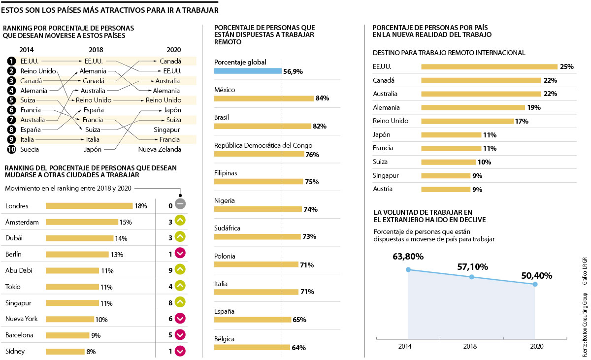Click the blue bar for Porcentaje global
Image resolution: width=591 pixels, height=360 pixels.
[x=248, y=71]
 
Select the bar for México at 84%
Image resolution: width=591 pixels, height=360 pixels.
[x=264, y=98]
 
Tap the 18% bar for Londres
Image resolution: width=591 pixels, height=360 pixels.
[x=89, y=206]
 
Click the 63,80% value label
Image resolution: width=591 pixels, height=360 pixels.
[x=408, y=257]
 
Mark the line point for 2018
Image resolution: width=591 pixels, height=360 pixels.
[x=472, y=277]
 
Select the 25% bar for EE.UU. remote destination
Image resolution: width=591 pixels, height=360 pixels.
[x=489, y=66]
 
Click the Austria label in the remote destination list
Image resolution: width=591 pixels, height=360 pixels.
[x=384, y=189]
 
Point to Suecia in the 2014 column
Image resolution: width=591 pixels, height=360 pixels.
[x=30, y=149]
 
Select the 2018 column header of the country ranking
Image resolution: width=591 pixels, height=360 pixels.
[x=96, y=50]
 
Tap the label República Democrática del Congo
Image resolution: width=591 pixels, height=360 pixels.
[x=263, y=145]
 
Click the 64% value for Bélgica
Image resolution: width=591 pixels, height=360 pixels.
[x=299, y=348]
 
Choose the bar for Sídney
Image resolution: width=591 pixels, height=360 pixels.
[x=65, y=352]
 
